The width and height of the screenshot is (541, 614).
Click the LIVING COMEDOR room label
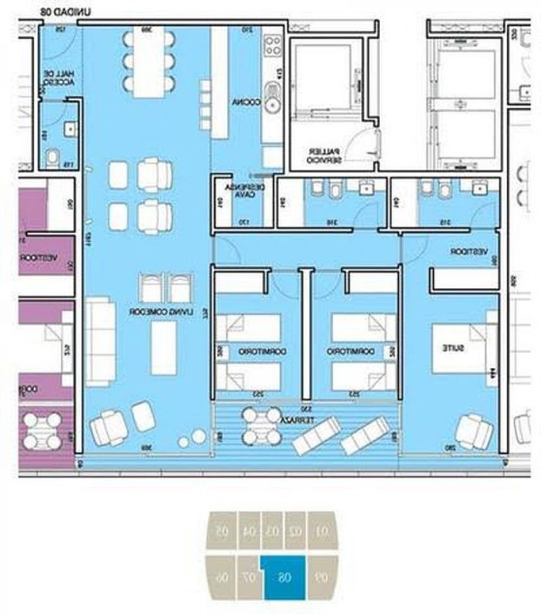tap(168, 312)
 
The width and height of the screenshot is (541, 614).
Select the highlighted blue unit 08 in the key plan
tap(284, 577)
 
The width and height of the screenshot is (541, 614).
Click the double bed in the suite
tap(462, 348)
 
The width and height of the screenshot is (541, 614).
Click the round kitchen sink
tap(271, 105)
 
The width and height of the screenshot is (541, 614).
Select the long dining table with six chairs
tap(150, 61)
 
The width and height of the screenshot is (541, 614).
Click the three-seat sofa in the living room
tap(100, 341)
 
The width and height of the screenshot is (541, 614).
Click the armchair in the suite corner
tap(475, 431)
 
